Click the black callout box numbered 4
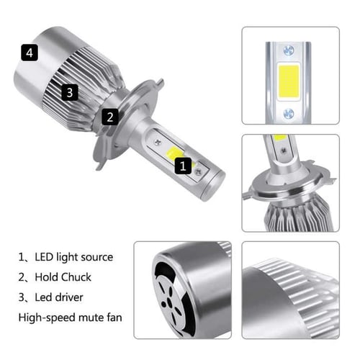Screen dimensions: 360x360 tap(29, 53)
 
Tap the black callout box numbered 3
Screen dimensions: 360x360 tap(69, 91)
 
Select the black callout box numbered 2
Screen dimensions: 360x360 tap(109, 116)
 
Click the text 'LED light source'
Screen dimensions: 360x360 tap(75, 256)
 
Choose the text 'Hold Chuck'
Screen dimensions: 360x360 tap(66, 276)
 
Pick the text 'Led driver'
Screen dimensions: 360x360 tap(64, 297)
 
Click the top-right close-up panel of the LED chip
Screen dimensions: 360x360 tap(289, 77)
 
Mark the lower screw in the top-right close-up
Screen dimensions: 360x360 tap(289, 113)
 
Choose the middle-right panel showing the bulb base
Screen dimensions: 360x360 tap(289, 183)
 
